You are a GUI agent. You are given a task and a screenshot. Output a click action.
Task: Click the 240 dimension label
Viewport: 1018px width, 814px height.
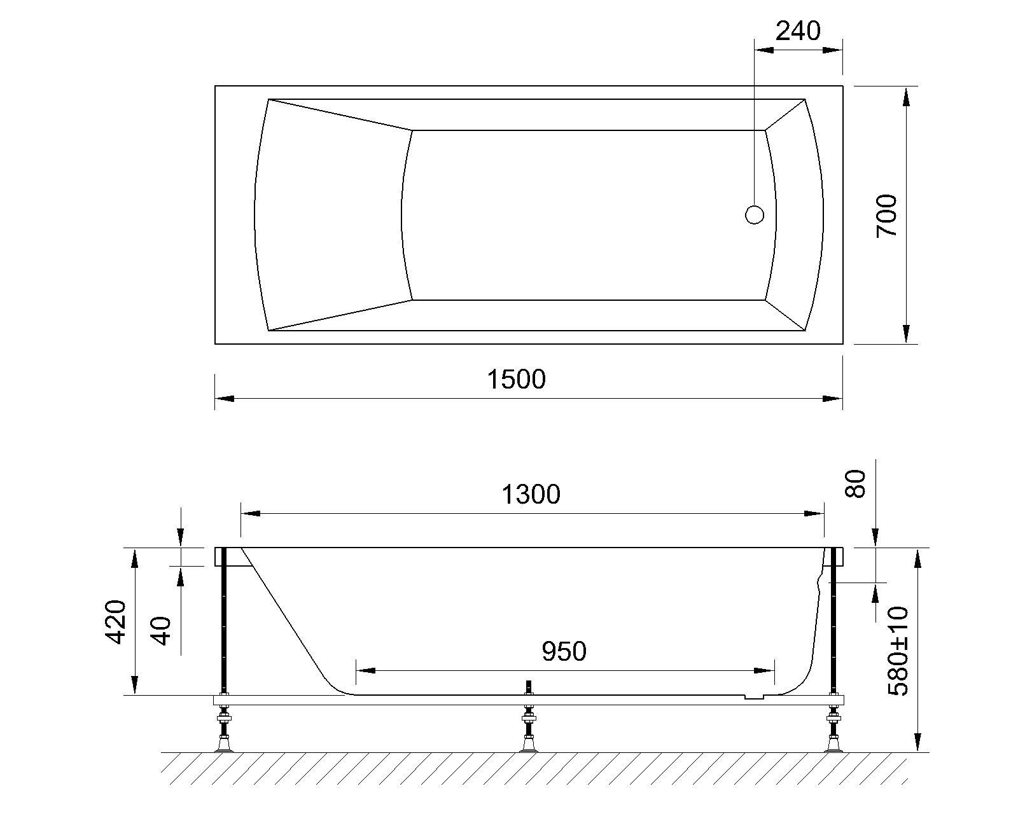pyautogui.click(x=798, y=31)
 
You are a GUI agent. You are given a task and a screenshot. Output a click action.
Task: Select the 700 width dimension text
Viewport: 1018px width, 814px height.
pyautogui.click(x=887, y=216)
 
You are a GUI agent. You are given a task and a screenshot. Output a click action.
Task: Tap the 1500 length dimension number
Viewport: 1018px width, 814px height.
pyautogui.click(x=517, y=380)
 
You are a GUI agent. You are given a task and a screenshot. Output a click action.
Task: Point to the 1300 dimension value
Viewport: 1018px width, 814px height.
pyautogui.click(x=531, y=494)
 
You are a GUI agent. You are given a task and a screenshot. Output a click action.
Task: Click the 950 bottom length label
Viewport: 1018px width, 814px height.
pyautogui.click(x=564, y=651)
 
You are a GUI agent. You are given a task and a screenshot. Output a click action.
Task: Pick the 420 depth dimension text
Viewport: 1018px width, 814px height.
pyautogui.click(x=116, y=621)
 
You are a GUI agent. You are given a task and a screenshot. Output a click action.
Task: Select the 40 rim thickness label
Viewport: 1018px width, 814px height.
pyautogui.click(x=163, y=630)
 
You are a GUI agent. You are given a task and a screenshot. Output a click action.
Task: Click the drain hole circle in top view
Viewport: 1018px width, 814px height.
pyautogui.click(x=754, y=215)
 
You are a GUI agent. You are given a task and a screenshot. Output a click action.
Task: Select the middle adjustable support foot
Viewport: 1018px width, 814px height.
pyautogui.click(x=527, y=731)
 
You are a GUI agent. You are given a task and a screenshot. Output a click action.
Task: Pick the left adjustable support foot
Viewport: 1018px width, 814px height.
pyautogui.click(x=224, y=731)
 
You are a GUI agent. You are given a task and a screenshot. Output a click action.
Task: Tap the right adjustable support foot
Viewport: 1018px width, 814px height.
pyautogui.click(x=833, y=731)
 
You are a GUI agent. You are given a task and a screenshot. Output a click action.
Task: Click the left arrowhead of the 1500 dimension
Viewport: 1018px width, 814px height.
pyautogui.click(x=225, y=399)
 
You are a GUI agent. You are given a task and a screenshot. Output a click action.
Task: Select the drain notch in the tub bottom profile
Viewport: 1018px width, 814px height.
pyautogui.click(x=755, y=697)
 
